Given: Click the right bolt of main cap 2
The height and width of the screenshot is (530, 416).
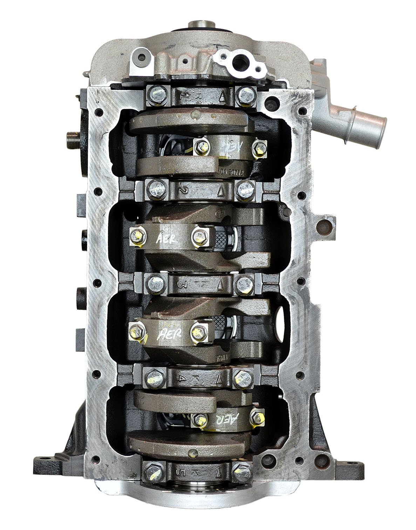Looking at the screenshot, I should [243, 189].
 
